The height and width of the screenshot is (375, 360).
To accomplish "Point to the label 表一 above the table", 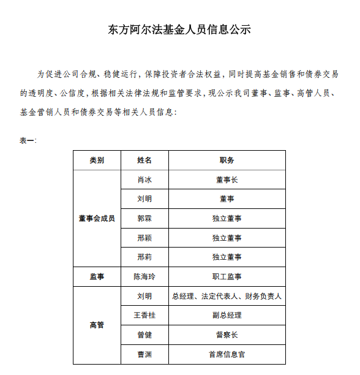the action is (x=28, y=140).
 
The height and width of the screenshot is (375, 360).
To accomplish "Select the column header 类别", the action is (x=97, y=161).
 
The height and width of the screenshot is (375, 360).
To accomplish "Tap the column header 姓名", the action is (x=144, y=161).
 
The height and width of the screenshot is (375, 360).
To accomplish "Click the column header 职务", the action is (x=227, y=161).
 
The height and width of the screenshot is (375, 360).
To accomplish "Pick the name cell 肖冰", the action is (x=144, y=180).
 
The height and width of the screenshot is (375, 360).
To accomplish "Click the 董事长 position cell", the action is (x=227, y=180).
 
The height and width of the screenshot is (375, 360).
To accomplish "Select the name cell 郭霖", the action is (x=144, y=219).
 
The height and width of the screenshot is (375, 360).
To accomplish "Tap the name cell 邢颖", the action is (x=144, y=238).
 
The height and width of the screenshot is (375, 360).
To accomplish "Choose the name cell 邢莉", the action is (x=144, y=257).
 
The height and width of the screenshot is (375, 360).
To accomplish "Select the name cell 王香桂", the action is (x=144, y=316).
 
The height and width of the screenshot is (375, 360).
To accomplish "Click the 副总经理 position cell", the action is (x=227, y=316).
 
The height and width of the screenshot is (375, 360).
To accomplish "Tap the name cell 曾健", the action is (x=144, y=335).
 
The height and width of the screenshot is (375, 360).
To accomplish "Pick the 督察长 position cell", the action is (x=227, y=335).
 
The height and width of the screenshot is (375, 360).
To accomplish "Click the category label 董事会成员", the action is (x=97, y=219).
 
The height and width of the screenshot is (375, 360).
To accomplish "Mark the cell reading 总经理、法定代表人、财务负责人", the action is (x=227, y=297).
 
